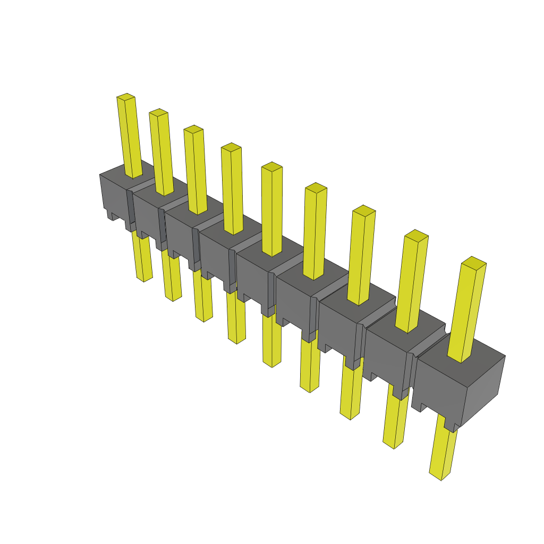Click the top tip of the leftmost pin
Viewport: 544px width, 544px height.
[x=126, y=97]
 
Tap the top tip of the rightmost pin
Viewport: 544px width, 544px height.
[x=474, y=261]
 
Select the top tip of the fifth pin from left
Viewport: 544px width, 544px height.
[x=271, y=166]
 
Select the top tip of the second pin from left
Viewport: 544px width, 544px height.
[x=158, y=112]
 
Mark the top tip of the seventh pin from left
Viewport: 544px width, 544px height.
[x=364, y=210]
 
